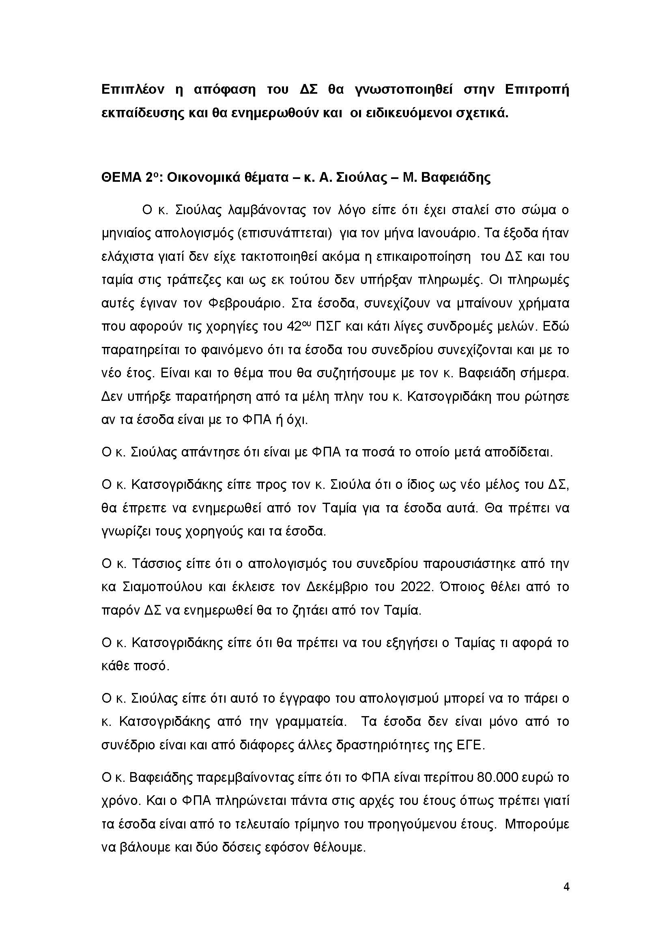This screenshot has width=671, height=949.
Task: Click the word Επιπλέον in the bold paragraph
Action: [x=133, y=90]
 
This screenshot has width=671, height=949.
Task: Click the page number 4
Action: [x=566, y=887]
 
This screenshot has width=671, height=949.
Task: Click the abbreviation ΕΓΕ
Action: [x=470, y=745]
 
